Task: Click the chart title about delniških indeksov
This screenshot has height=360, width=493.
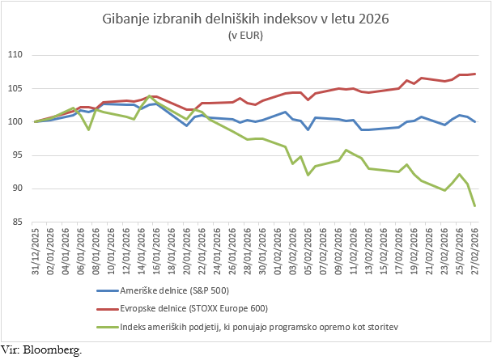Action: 246,19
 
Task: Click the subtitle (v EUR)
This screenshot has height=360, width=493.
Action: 246,35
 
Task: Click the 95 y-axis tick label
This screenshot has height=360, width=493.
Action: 20,155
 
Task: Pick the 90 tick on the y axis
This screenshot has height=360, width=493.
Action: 20,188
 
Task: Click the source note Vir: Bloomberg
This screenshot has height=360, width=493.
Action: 41,350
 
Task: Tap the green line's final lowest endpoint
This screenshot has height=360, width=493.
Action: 474,205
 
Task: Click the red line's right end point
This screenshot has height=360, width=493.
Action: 474,74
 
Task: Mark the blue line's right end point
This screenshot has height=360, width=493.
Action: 474,121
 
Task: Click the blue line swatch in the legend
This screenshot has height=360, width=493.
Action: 104,290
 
